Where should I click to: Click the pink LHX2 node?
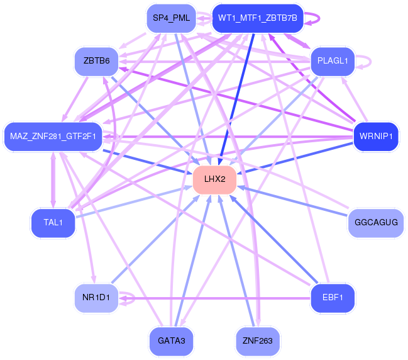click(x=214, y=179)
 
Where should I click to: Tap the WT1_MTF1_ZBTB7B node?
click(x=257, y=19)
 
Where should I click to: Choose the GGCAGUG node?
click(x=376, y=223)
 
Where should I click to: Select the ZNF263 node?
click(x=257, y=341)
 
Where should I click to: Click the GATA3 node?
click(x=171, y=341)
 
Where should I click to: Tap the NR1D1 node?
click(x=96, y=296)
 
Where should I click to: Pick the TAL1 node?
click(x=52, y=223)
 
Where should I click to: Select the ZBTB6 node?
click(x=96, y=60)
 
